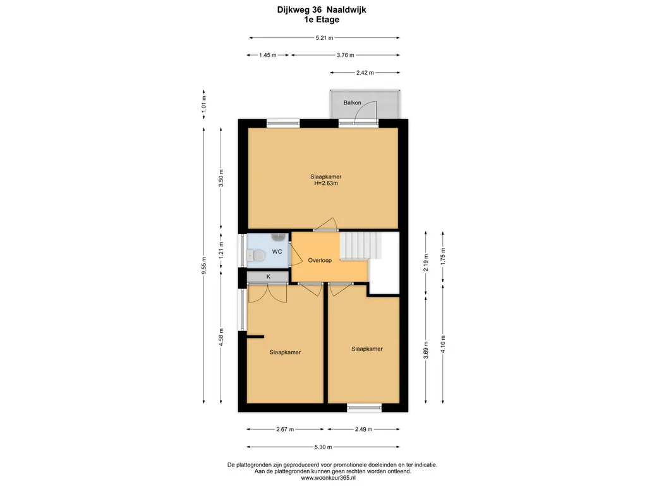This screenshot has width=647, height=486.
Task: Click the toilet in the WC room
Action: point(256,256)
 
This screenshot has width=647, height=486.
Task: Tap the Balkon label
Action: point(353,103)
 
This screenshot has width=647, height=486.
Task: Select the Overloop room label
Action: point(320,260)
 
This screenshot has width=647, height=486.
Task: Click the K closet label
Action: point(268,277)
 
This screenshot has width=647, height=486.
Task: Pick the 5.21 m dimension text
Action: point(324,37)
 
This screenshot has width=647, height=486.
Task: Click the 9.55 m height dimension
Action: point(204,265)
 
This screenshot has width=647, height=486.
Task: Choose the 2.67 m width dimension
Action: point(285,430)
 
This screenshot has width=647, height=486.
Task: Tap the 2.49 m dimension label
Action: point(363,430)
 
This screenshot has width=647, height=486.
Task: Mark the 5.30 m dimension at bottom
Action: point(323,447)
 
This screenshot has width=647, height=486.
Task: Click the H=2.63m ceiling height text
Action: point(326,184)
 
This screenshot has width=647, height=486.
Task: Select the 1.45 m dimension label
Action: point(268,55)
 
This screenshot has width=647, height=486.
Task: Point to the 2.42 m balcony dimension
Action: point(365,73)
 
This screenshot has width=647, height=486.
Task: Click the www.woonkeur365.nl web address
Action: point(328,478)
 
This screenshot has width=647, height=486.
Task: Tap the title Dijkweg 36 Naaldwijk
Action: point(322,10)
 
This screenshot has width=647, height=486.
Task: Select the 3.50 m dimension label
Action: point(221,178)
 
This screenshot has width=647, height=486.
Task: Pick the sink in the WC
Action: point(279,237)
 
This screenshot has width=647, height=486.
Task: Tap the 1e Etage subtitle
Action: point(322,20)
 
